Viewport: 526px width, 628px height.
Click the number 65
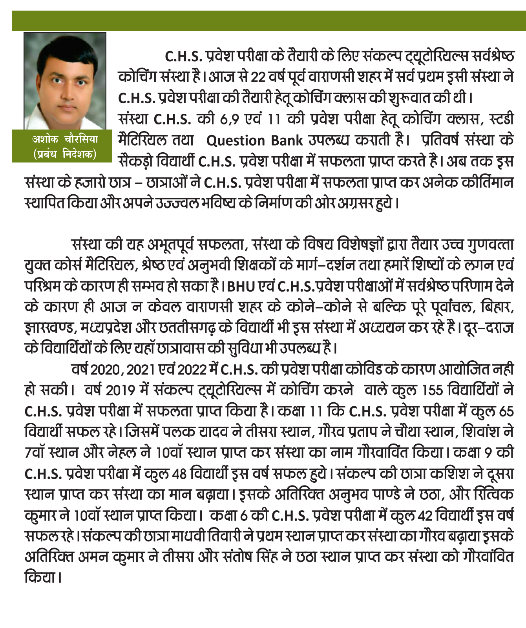(506, 411)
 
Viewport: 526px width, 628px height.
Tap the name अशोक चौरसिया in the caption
(65, 139)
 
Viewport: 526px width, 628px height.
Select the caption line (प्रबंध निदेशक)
(65, 153)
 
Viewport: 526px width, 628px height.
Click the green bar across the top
(268, 21)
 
